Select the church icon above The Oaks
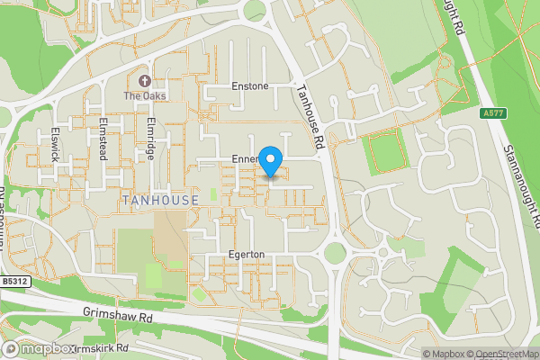point(144,81)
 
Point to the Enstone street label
point(249,86)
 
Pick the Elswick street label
point(56,142)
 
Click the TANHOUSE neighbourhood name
point(157,200)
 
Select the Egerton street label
point(246,255)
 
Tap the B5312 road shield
point(14,282)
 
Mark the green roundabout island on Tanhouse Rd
point(335,254)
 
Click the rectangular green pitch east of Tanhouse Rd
point(388,152)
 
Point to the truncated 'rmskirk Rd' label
point(103,348)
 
